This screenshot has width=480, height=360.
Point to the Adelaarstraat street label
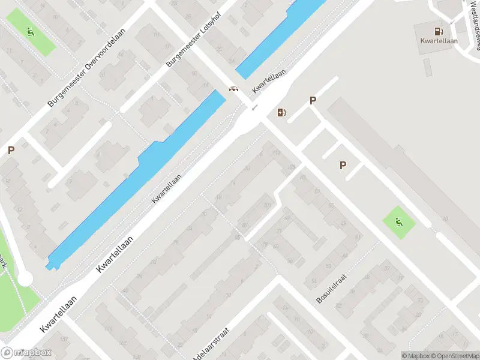pyautogui.click(x=211, y=344)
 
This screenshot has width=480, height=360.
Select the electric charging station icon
pyautogui.click(x=281, y=112)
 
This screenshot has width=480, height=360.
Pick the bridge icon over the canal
pyautogui.click(x=232, y=90)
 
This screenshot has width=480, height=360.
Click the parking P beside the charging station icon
pyautogui.click(x=313, y=101)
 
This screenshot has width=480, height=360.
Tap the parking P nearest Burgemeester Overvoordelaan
pyautogui.click(x=10, y=151)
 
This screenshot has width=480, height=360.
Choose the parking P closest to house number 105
pyautogui.click(x=343, y=165)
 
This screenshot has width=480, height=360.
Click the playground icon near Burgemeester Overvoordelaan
pyautogui.click(x=31, y=31)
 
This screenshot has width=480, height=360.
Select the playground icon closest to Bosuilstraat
pyautogui.click(x=398, y=222)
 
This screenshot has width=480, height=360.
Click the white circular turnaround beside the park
pyautogui.click(x=25, y=279)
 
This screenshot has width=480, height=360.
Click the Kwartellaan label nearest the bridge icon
pyautogui.click(x=269, y=80)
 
